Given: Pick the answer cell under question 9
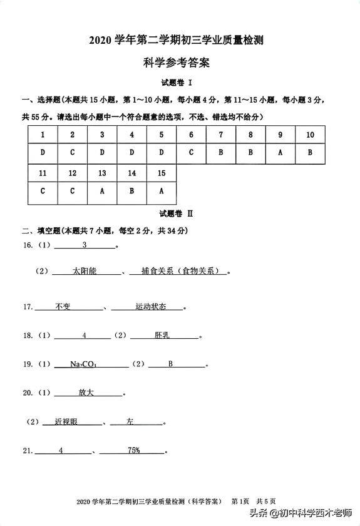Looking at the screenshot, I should pyautogui.click(x=280, y=152).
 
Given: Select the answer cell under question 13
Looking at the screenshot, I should pyautogui.click(x=102, y=191).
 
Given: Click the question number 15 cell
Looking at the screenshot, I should pyautogui.click(x=162, y=173).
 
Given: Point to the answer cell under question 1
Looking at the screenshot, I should pyautogui.click(x=43, y=152).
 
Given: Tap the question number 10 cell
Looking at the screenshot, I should pyautogui.click(x=309, y=135).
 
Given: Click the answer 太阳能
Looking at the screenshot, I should pyautogui.click(x=85, y=271).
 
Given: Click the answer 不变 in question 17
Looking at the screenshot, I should pyautogui.click(x=63, y=307).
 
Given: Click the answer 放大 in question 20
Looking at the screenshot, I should pyautogui.click(x=86, y=393).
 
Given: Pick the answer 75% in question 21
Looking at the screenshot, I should pyautogui.click(x=133, y=450).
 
